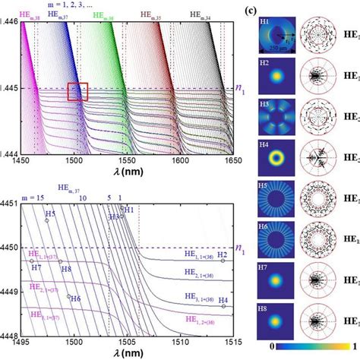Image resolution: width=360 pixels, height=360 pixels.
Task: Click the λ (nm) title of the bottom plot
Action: (x=126, y=352)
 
